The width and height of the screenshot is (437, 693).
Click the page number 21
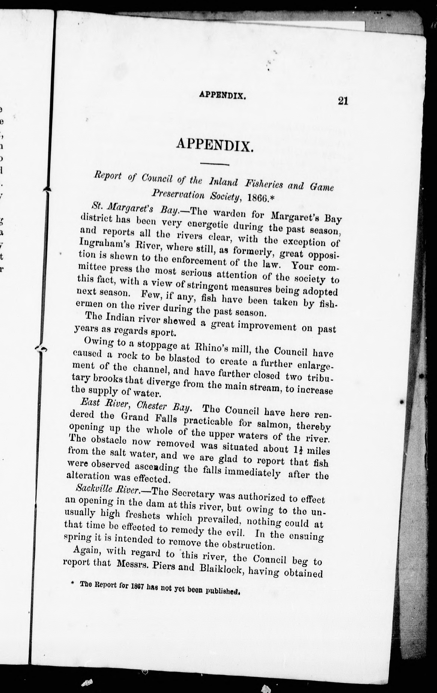pos(343,101)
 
